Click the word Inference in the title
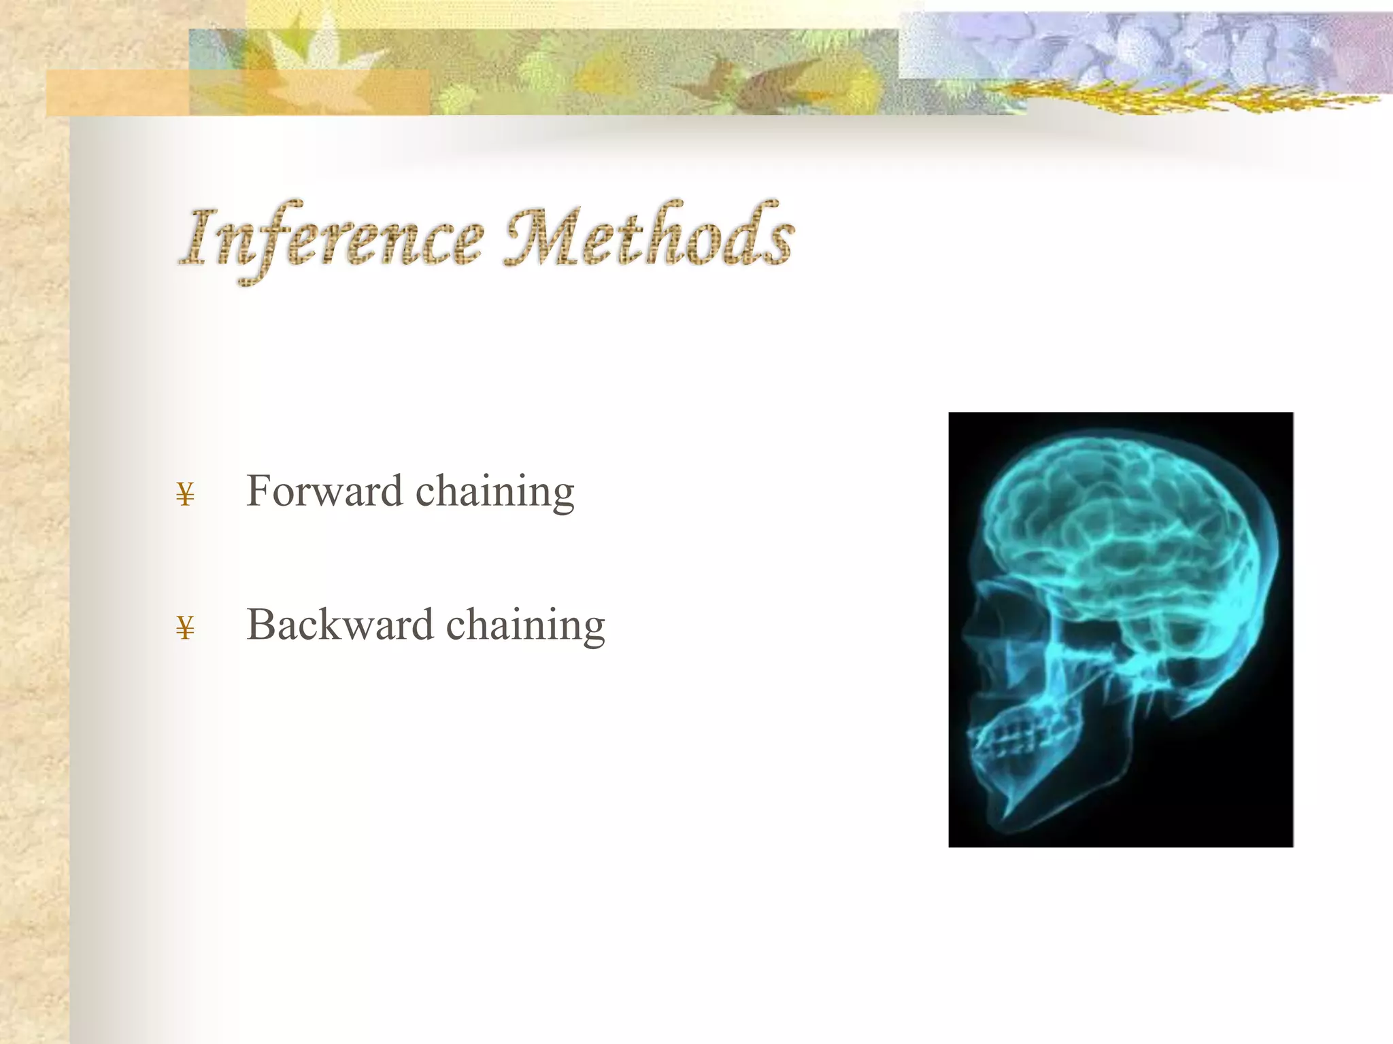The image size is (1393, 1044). [333, 238]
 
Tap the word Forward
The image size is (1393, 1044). [324, 491]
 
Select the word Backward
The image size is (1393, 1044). [339, 625]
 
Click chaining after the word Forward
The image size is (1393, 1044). [495, 492]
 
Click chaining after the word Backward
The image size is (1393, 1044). [525, 626]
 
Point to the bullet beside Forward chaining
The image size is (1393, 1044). [185, 494]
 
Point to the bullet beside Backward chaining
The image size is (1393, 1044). [185, 628]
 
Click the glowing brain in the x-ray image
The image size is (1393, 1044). [1115, 523]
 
